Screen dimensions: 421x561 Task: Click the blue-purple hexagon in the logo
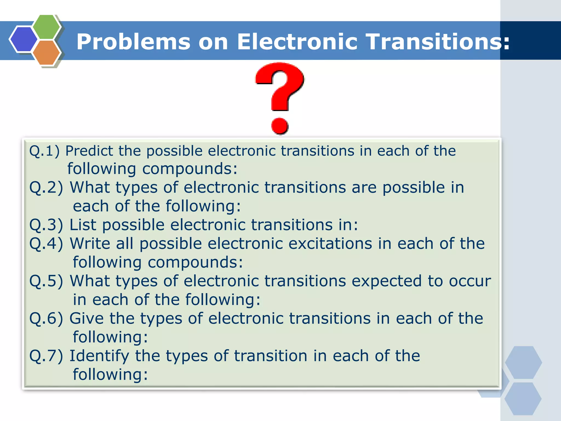pyautogui.click(x=24, y=39)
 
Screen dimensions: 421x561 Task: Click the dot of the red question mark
pyautogui.click(x=280, y=126)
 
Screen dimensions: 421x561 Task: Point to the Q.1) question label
pyautogui.click(x=44, y=151)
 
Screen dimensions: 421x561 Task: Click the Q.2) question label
pyautogui.click(x=46, y=188)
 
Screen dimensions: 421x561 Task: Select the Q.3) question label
pyautogui.click(x=46, y=225)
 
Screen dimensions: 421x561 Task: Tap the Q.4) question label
pyautogui.click(x=46, y=244)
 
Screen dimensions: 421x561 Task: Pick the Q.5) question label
pyautogui.click(x=46, y=281)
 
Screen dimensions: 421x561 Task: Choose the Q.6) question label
pyautogui.click(x=46, y=319)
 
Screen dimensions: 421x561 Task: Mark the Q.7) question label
pyautogui.click(x=46, y=356)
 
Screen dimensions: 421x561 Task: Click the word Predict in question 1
pyautogui.click(x=89, y=151)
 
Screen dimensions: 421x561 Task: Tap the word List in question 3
pyautogui.click(x=83, y=225)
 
